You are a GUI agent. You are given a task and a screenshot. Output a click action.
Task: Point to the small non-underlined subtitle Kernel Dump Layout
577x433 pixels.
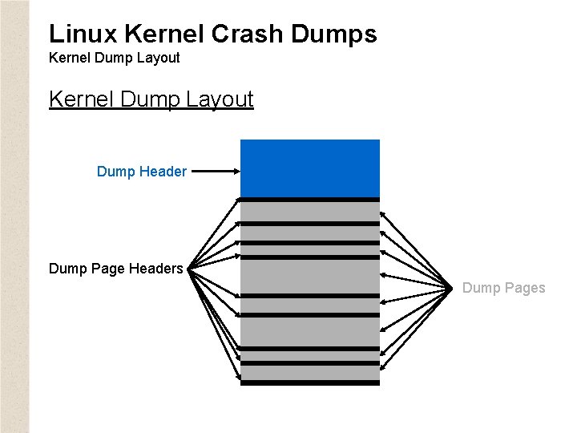114,58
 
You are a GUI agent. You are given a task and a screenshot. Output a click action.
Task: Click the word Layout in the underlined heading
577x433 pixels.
220,99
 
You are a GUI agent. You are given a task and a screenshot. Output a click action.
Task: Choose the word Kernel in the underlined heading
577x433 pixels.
82,99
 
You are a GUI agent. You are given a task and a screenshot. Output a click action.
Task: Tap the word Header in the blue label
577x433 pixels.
163,171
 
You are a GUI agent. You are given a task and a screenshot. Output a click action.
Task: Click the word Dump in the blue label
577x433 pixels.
115,171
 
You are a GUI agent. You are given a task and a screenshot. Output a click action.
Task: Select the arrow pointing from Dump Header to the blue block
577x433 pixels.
215,171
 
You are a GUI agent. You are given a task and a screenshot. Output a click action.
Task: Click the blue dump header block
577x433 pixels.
309,168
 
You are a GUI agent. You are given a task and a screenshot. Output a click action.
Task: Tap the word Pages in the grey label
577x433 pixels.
524,288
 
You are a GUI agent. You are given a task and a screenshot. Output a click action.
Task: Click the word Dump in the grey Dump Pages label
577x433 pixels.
481,288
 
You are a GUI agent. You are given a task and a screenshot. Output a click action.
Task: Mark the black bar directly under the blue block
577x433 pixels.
309,199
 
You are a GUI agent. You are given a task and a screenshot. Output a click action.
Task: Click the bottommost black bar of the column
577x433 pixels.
309,382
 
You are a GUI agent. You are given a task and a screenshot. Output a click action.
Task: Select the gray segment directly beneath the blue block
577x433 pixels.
309,211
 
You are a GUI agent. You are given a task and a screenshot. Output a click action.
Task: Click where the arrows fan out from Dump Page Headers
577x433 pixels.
192,269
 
